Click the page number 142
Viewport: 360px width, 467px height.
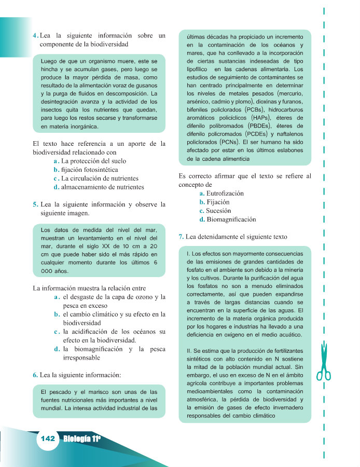(47, 438)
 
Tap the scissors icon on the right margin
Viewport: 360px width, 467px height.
(323, 362)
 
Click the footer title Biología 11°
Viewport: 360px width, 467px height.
(82, 439)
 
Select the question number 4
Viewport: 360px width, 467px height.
(35, 36)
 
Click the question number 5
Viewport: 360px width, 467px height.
(35, 204)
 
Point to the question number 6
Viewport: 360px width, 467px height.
(35, 374)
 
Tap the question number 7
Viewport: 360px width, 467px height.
(181, 237)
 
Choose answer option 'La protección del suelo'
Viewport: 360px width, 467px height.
(93, 161)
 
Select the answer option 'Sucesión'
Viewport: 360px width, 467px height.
(218, 211)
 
